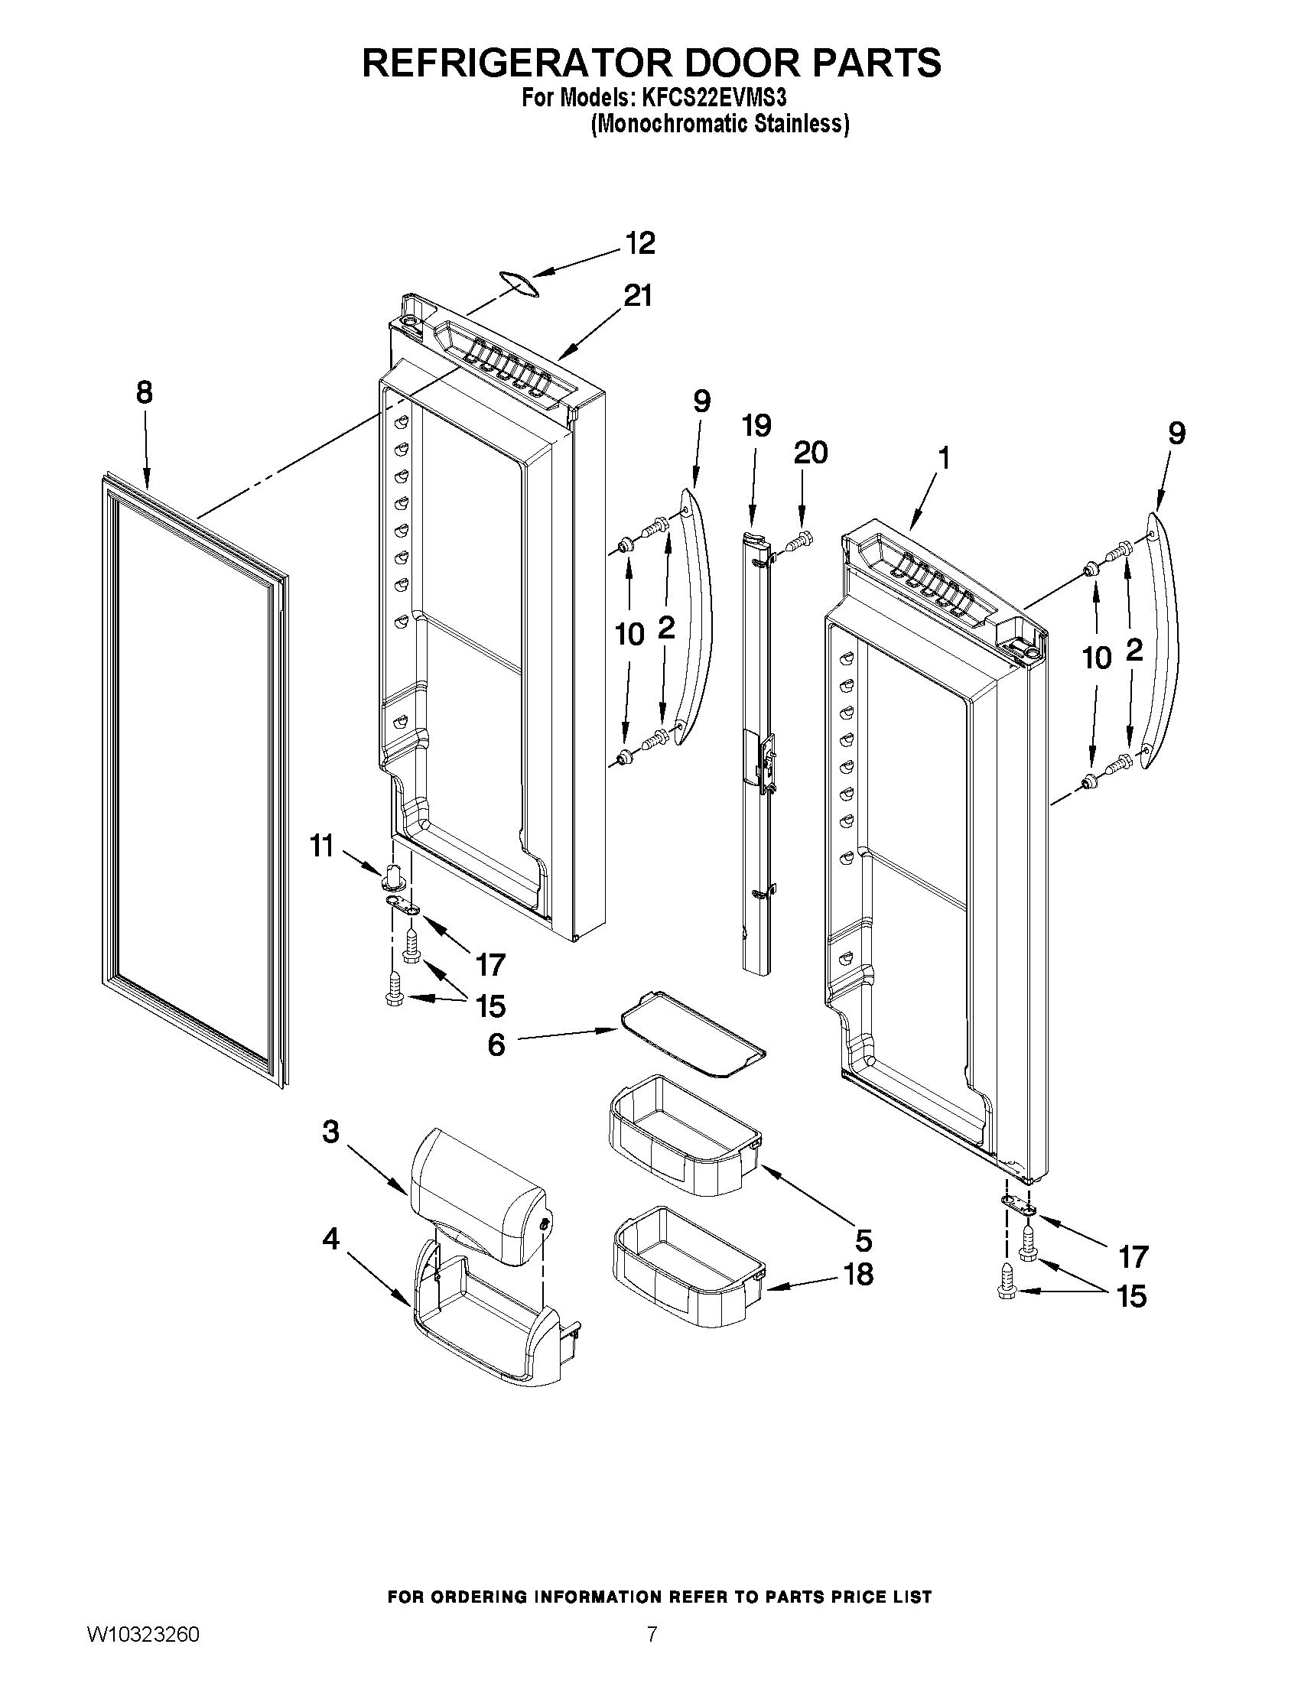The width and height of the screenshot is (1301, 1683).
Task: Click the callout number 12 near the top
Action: [639, 242]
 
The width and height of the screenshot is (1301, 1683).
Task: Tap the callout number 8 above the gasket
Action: [144, 393]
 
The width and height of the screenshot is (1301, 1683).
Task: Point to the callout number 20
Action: [810, 453]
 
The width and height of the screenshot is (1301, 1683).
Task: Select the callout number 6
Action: [496, 1045]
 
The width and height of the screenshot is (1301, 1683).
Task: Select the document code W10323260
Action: [142, 1635]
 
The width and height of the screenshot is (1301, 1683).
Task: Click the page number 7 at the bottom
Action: [652, 1635]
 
